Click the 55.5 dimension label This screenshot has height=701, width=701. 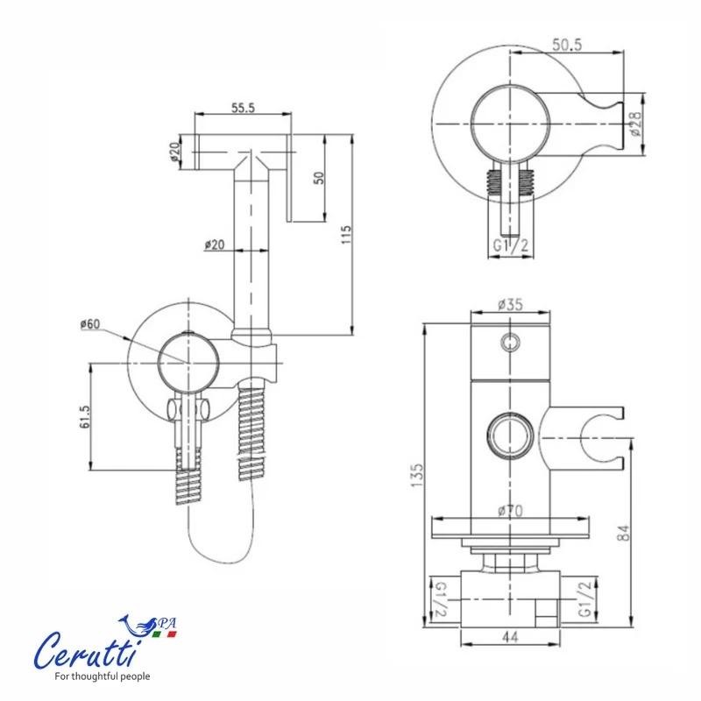click(x=243, y=108)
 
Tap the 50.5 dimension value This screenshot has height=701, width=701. click(x=567, y=45)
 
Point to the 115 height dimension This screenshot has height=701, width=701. click(x=346, y=234)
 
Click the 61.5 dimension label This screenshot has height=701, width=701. click(x=84, y=417)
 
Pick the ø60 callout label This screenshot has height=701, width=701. click(x=90, y=323)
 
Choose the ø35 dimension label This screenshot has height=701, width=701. click(x=510, y=304)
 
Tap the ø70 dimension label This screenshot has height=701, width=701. click(x=510, y=510)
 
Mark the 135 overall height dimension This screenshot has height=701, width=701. click(x=417, y=475)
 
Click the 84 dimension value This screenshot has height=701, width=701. click(x=623, y=533)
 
